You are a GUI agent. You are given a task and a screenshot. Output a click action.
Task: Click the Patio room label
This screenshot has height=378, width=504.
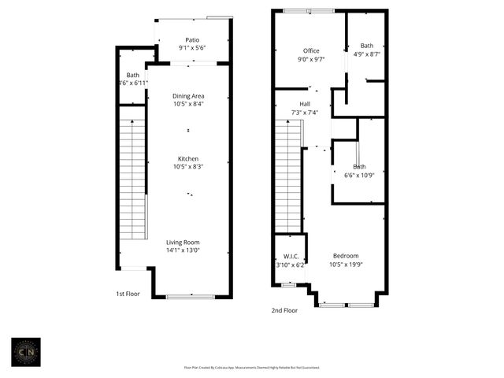click(x=192, y=40)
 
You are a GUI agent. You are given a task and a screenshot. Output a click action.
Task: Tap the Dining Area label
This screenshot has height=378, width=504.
click(x=188, y=96)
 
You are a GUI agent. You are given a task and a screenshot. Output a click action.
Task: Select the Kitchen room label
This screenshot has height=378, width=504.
click(x=188, y=158)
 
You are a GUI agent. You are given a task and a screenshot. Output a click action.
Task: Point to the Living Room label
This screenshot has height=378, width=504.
click(x=182, y=242)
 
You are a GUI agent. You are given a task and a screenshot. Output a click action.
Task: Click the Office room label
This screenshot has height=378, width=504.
click(x=311, y=51)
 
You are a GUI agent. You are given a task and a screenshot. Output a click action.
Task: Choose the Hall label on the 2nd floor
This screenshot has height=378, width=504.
click(x=304, y=104)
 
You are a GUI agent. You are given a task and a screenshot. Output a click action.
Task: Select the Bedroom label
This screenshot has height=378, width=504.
click(x=346, y=256)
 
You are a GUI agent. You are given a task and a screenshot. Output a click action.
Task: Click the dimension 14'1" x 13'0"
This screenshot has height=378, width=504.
click(x=182, y=250)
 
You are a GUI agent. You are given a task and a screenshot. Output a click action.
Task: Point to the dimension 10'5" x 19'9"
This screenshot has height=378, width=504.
click(x=346, y=265)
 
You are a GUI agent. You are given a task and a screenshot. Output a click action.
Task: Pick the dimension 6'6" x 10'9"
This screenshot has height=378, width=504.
click(x=358, y=175)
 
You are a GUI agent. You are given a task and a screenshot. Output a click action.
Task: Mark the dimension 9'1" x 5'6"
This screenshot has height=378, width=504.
click(x=192, y=48)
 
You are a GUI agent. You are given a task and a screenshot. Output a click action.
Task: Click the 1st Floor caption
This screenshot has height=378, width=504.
click(x=128, y=294)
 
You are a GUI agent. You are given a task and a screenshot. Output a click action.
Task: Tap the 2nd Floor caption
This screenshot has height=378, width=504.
click(x=285, y=310)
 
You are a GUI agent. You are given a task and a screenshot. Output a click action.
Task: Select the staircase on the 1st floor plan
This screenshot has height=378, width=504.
click(x=132, y=179)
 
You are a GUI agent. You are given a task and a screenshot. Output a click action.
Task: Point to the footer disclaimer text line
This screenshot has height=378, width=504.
click(x=251, y=367)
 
